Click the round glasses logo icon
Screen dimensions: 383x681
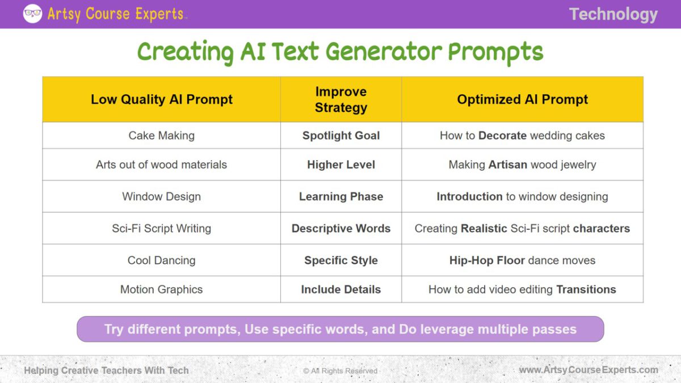click(x=32, y=14)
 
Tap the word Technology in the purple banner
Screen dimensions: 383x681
click(x=613, y=14)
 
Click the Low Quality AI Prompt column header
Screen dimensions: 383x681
click(x=162, y=99)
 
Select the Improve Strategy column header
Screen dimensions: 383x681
click(x=341, y=99)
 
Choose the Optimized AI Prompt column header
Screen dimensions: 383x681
click(x=522, y=99)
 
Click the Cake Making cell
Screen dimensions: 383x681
click(x=162, y=136)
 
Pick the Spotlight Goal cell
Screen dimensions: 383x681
click(x=341, y=136)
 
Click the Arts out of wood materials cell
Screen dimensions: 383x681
click(x=162, y=165)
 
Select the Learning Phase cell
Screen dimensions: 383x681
click(x=341, y=197)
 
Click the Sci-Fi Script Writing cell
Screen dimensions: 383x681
click(x=162, y=229)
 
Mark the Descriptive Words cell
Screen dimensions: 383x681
click(x=341, y=229)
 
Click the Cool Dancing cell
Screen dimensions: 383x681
click(x=162, y=260)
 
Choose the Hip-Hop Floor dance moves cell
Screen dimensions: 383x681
click(x=522, y=260)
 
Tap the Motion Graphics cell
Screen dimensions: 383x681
click(x=162, y=289)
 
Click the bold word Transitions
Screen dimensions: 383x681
click(x=586, y=289)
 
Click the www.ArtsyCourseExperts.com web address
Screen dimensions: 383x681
click(x=588, y=370)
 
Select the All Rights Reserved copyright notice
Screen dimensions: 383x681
click(x=340, y=371)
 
